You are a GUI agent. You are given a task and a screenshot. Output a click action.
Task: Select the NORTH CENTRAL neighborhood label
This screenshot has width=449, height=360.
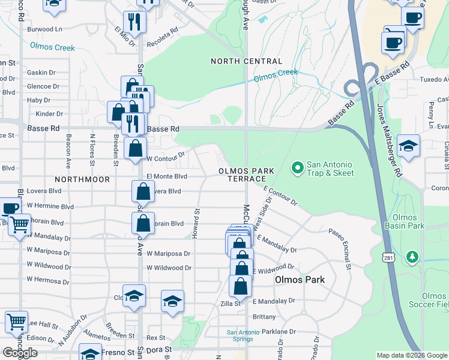tap(246, 61)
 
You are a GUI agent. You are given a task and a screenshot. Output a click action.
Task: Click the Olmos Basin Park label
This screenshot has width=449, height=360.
tap(408, 221)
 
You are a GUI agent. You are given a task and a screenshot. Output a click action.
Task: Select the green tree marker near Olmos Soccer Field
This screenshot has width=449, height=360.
tap(412, 257)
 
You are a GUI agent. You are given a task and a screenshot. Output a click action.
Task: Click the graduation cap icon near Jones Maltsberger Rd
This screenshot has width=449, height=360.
tap(408, 146)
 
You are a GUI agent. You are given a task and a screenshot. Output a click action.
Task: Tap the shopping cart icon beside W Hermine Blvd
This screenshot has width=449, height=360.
tap(19, 224)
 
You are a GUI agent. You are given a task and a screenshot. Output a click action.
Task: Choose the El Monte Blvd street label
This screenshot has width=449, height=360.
tap(167, 176)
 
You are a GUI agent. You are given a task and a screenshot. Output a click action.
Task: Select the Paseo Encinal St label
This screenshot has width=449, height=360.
tap(347, 248)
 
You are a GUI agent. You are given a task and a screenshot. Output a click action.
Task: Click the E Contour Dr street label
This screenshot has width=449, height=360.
tap(280, 196)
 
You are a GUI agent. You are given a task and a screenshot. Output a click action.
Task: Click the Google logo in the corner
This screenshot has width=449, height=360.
tap(19, 352)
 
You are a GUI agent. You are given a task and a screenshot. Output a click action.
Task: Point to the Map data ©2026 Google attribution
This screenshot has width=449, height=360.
tap(412, 355)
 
